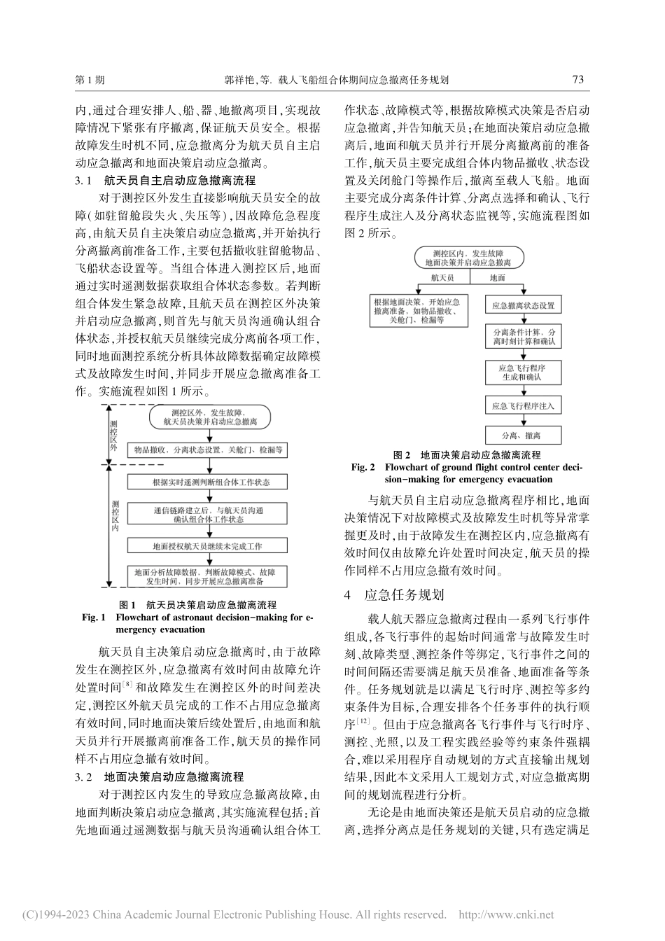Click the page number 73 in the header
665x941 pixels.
click(577, 80)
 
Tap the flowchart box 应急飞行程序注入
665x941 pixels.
click(522, 405)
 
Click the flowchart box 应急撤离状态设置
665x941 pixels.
click(522, 305)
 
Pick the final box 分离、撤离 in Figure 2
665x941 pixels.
click(522, 435)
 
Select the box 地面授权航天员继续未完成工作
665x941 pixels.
click(206, 546)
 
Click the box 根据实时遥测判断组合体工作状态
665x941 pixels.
click(206, 482)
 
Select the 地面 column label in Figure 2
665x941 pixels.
click(497, 278)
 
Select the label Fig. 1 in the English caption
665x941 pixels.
click(93, 617)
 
